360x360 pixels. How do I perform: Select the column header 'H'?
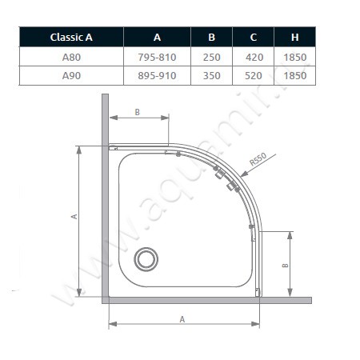click(x=294, y=38)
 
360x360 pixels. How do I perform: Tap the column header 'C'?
click(x=252, y=38)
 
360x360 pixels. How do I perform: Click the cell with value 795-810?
click(x=157, y=57)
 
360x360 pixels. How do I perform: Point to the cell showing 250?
click(x=211, y=57)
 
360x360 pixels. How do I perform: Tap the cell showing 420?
click(x=252, y=57)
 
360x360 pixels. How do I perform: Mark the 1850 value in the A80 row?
click(x=294, y=57)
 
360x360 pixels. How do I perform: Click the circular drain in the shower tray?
click(x=146, y=258)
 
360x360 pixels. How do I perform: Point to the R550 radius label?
click(x=257, y=162)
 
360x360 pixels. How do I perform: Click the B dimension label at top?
click(x=137, y=112)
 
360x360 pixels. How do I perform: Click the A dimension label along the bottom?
click(x=182, y=318)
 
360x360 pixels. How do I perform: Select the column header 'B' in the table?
click(x=211, y=38)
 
